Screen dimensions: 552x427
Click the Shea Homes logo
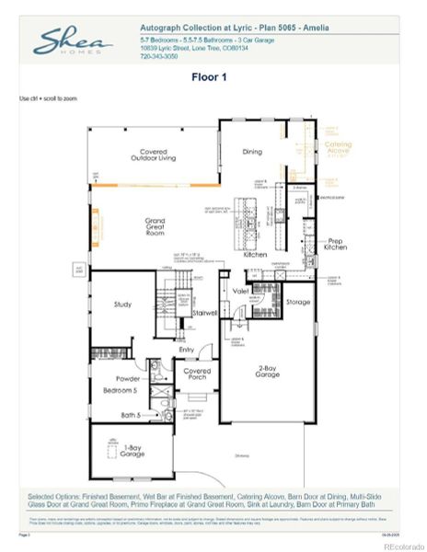(73, 41)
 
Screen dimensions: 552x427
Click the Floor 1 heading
(213, 77)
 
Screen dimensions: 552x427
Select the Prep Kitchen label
(335, 245)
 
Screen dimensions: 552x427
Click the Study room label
(124, 303)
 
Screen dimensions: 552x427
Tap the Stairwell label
(203, 313)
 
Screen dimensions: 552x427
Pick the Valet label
(241, 291)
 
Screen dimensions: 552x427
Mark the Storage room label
(297, 301)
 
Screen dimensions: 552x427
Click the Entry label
(187, 349)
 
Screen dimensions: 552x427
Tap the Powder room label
(127, 378)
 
